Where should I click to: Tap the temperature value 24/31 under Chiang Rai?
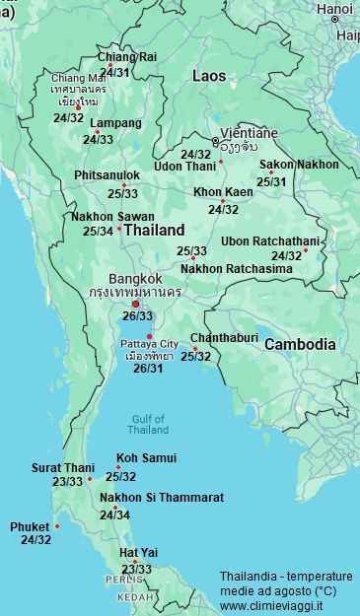114,72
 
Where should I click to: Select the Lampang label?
115,124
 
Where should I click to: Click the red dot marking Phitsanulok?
123,185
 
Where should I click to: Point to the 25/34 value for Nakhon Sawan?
98,232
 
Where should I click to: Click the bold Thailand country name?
155,230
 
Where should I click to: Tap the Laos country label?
208,76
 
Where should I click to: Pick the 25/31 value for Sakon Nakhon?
271,181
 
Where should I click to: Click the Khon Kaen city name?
223,192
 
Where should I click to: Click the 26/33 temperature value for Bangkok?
137,315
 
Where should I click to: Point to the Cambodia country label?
300,345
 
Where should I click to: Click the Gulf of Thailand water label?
149,424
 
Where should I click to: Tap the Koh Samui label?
146,458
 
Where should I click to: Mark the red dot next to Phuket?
57,526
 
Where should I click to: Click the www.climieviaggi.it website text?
271,605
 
